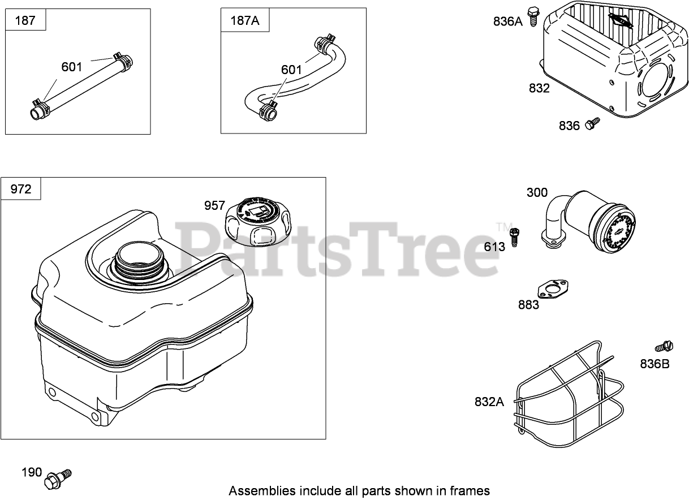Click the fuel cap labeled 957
pos(258,222)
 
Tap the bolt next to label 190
pos(58,478)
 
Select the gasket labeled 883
pos(553,289)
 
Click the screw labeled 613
pos(514,237)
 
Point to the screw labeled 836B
pos(665,346)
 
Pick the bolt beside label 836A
pos(532,17)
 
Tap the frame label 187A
pos(245,20)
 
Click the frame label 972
pos(21,189)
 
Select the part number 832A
pos(489,402)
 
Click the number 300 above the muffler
pos(537,192)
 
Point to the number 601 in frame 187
pos(72,67)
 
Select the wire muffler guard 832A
pos(569,394)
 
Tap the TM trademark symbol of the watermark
pos(504,227)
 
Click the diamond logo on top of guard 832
pos(621,21)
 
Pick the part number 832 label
pos(539,88)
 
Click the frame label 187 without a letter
pos(25,20)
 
